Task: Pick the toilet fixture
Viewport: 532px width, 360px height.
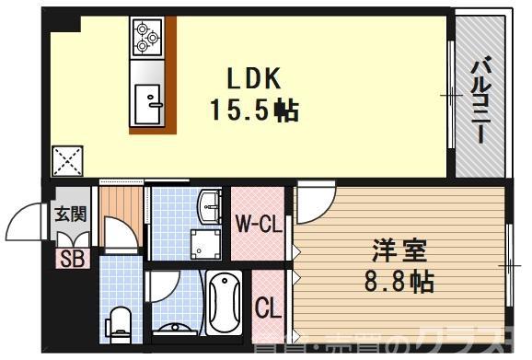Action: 118,322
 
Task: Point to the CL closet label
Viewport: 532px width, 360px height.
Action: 267,306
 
